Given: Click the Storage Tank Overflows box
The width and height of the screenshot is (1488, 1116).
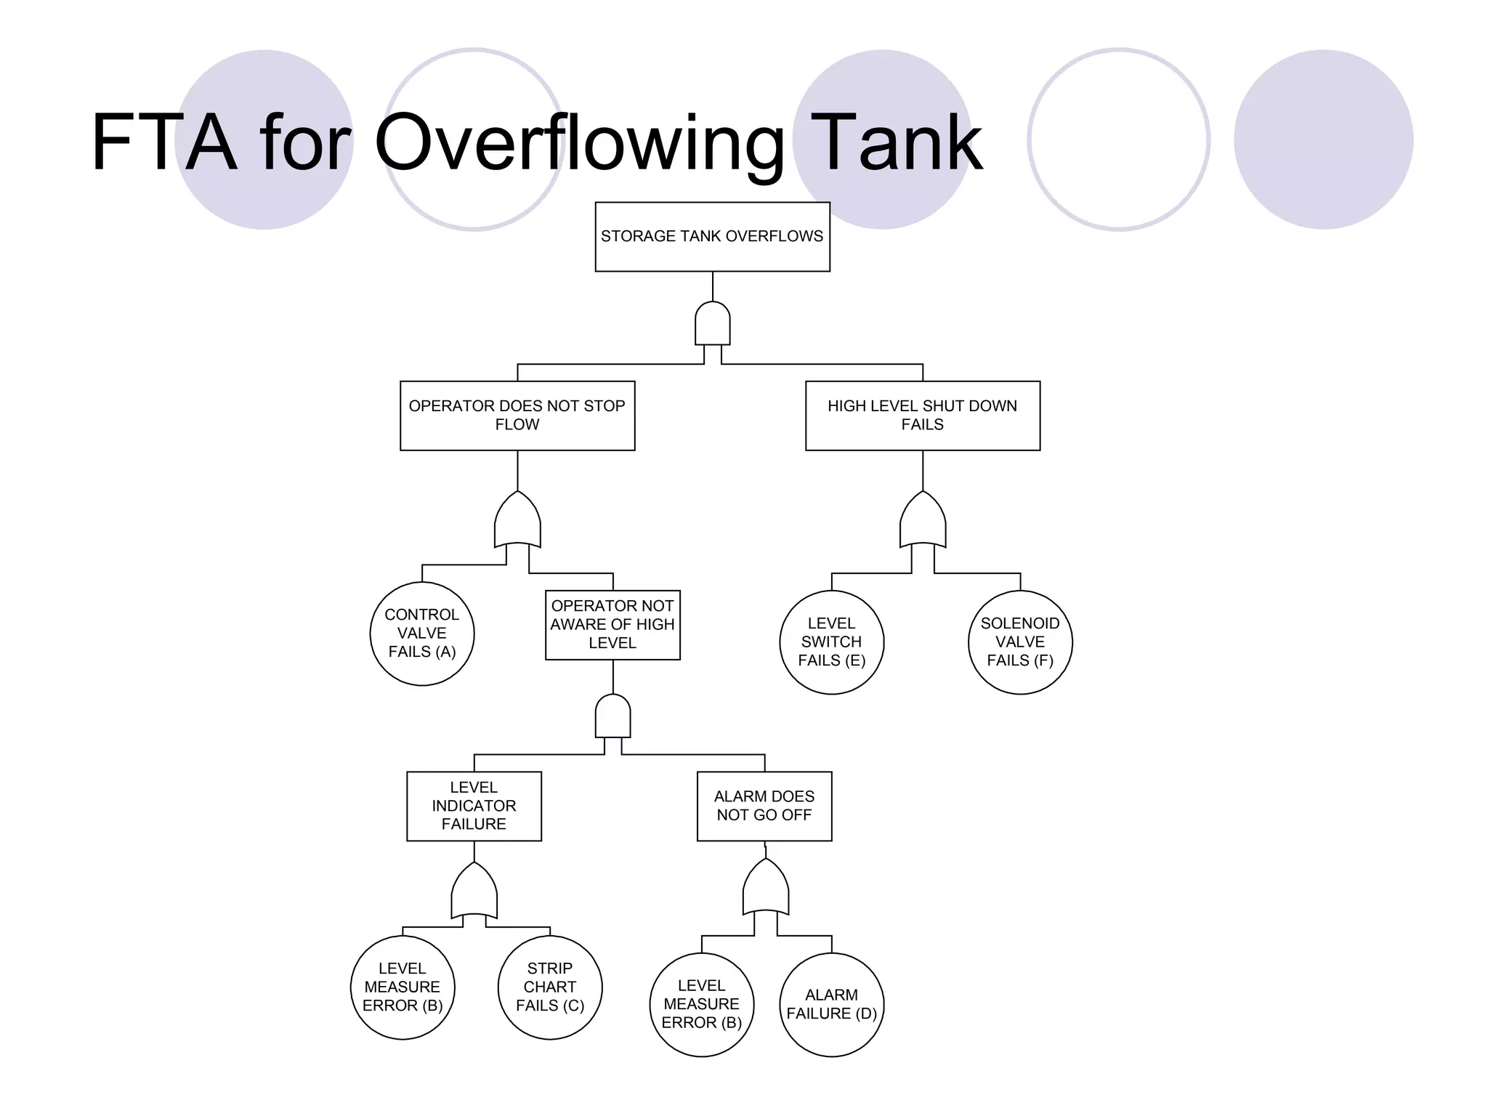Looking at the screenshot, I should click(x=712, y=237).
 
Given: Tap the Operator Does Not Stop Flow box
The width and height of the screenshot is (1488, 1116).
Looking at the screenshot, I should click(x=517, y=416).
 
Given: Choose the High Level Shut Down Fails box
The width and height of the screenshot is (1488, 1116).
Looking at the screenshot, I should click(x=922, y=416).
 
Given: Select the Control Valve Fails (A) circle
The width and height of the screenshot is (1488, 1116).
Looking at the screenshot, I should click(x=422, y=634).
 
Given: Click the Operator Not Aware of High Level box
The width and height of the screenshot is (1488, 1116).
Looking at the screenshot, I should click(x=612, y=625).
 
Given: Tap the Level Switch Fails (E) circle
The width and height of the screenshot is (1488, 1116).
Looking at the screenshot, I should click(x=831, y=642).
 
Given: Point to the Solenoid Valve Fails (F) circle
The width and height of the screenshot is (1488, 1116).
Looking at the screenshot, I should click(x=1020, y=642).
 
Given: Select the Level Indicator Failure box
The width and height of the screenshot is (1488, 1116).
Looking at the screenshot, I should click(x=474, y=806).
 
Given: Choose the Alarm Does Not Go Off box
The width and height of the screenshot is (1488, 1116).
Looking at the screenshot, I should click(x=764, y=806).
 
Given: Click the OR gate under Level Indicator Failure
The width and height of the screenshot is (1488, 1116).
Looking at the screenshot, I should click(x=474, y=892).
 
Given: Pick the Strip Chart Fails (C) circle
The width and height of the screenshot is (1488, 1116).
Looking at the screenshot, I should click(x=550, y=987).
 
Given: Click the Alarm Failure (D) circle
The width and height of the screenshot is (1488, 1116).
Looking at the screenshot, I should click(x=831, y=1005).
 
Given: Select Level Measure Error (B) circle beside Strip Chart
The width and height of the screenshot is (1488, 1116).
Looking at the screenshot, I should click(x=403, y=987).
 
